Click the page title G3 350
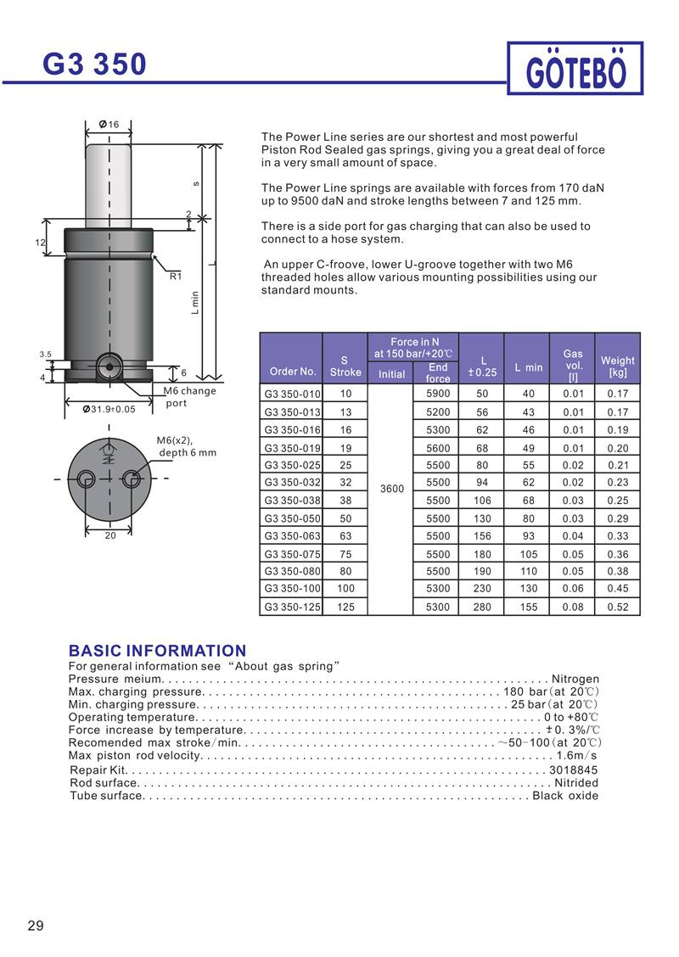(95, 64)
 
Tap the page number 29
(36, 926)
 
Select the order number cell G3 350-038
(290, 501)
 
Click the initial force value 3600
(391, 489)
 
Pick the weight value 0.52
(618, 607)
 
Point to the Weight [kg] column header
(618, 367)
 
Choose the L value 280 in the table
(482, 607)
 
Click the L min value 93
(528, 536)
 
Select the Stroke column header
(345, 366)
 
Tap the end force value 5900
(437, 394)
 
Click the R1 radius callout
(176, 276)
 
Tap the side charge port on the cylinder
(108, 367)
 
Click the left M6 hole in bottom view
(87, 479)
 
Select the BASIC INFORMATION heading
(157, 651)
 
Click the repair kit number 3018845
(574, 770)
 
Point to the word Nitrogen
(575, 679)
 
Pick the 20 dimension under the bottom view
(109, 536)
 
